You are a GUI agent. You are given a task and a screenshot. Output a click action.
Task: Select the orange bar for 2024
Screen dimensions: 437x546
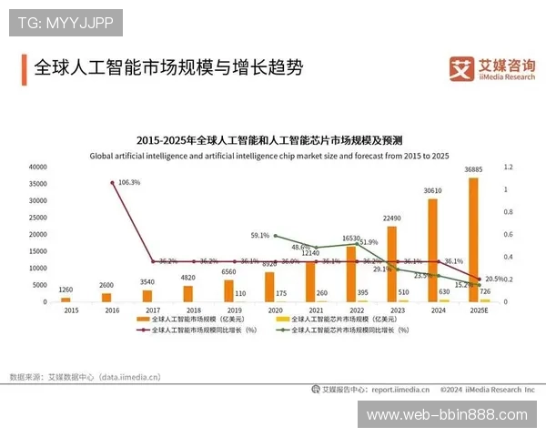(x=432, y=249)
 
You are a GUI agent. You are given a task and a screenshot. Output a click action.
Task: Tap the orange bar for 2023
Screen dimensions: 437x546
(x=391, y=263)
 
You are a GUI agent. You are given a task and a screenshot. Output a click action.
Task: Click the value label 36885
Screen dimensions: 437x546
(x=473, y=169)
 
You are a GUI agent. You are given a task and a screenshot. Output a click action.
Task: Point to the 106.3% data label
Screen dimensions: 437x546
(x=129, y=182)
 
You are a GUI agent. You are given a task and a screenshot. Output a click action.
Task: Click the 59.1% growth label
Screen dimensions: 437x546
(x=260, y=236)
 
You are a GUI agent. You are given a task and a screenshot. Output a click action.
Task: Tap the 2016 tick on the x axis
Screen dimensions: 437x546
(x=106, y=310)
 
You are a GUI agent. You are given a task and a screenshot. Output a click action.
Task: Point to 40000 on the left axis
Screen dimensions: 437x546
(x=37, y=168)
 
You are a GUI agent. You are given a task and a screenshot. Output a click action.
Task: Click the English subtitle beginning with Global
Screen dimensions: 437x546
(x=269, y=156)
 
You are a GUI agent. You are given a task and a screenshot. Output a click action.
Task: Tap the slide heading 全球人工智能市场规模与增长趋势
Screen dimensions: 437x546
(x=167, y=68)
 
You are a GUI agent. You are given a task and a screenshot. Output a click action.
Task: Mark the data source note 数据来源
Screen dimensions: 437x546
(x=85, y=376)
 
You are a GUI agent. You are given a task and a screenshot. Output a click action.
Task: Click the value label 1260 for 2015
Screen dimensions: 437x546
(x=66, y=290)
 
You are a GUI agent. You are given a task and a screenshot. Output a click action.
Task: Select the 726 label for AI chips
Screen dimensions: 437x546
(x=485, y=291)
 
